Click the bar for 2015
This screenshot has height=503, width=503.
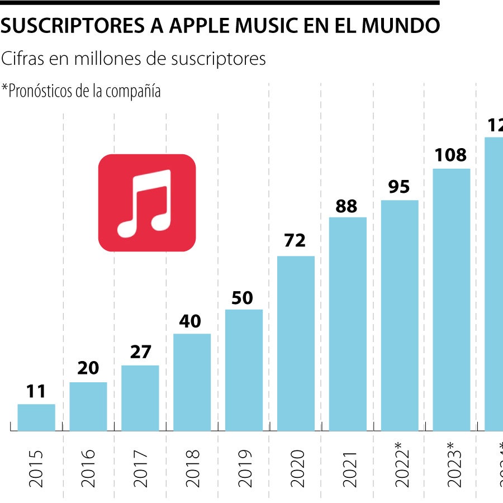click(36, 417)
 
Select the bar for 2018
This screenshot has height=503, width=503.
click(192, 382)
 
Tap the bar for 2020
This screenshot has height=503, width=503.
click(296, 343)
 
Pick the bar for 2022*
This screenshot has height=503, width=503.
click(400, 315)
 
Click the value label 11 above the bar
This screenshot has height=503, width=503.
click(36, 391)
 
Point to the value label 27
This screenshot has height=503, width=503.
click(140, 353)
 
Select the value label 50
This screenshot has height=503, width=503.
click(243, 298)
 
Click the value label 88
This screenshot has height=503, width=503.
click(347, 206)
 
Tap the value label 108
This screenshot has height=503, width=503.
click(450, 155)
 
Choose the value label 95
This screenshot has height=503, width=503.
click(399, 187)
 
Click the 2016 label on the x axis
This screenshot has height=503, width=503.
click(88, 468)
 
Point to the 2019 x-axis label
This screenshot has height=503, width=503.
click(244, 468)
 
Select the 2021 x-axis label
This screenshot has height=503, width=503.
click(348, 468)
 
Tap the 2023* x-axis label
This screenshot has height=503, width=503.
click(452, 466)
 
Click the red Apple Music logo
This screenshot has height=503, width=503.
click(147, 202)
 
